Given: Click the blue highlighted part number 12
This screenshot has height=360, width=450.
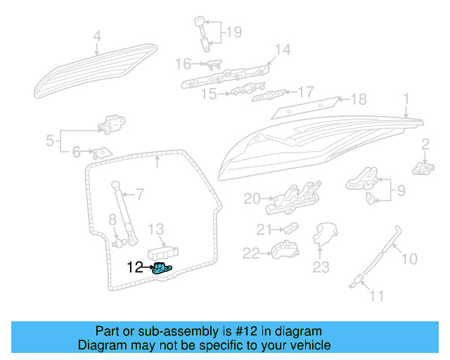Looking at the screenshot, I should click(162, 268).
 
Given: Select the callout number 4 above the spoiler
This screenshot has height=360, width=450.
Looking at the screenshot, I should click(97, 36).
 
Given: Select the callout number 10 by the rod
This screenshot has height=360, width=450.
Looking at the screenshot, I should click(409, 259).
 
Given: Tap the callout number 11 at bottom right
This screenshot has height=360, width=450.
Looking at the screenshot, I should click(377, 296).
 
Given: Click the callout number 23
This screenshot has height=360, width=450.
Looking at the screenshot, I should click(321, 266).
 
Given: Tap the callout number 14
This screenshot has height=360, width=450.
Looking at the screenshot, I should click(282, 49).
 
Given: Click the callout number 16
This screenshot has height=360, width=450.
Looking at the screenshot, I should click(182, 64).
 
